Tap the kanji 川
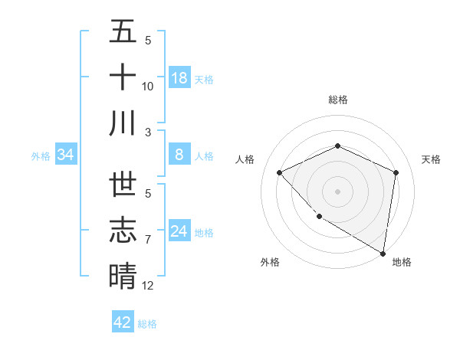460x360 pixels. (x=123, y=123)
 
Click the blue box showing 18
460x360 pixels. (x=179, y=78)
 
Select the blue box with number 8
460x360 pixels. (x=179, y=155)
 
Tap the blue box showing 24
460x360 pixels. (x=179, y=231)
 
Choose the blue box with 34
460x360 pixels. (x=66, y=155)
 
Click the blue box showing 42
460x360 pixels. (x=123, y=322)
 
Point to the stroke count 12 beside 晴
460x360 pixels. (x=148, y=286)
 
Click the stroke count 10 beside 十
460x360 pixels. (x=148, y=87)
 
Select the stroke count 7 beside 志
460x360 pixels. (x=148, y=240)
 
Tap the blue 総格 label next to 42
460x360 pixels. (x=147, y=324)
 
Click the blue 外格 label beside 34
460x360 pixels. (x=41, y=156)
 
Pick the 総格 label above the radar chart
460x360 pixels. (x=338, y=100)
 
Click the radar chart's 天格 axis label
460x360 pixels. (x=431, y=159)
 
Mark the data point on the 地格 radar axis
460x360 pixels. (x=383, y=253)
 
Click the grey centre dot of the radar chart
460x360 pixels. (x=338, y=191)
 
